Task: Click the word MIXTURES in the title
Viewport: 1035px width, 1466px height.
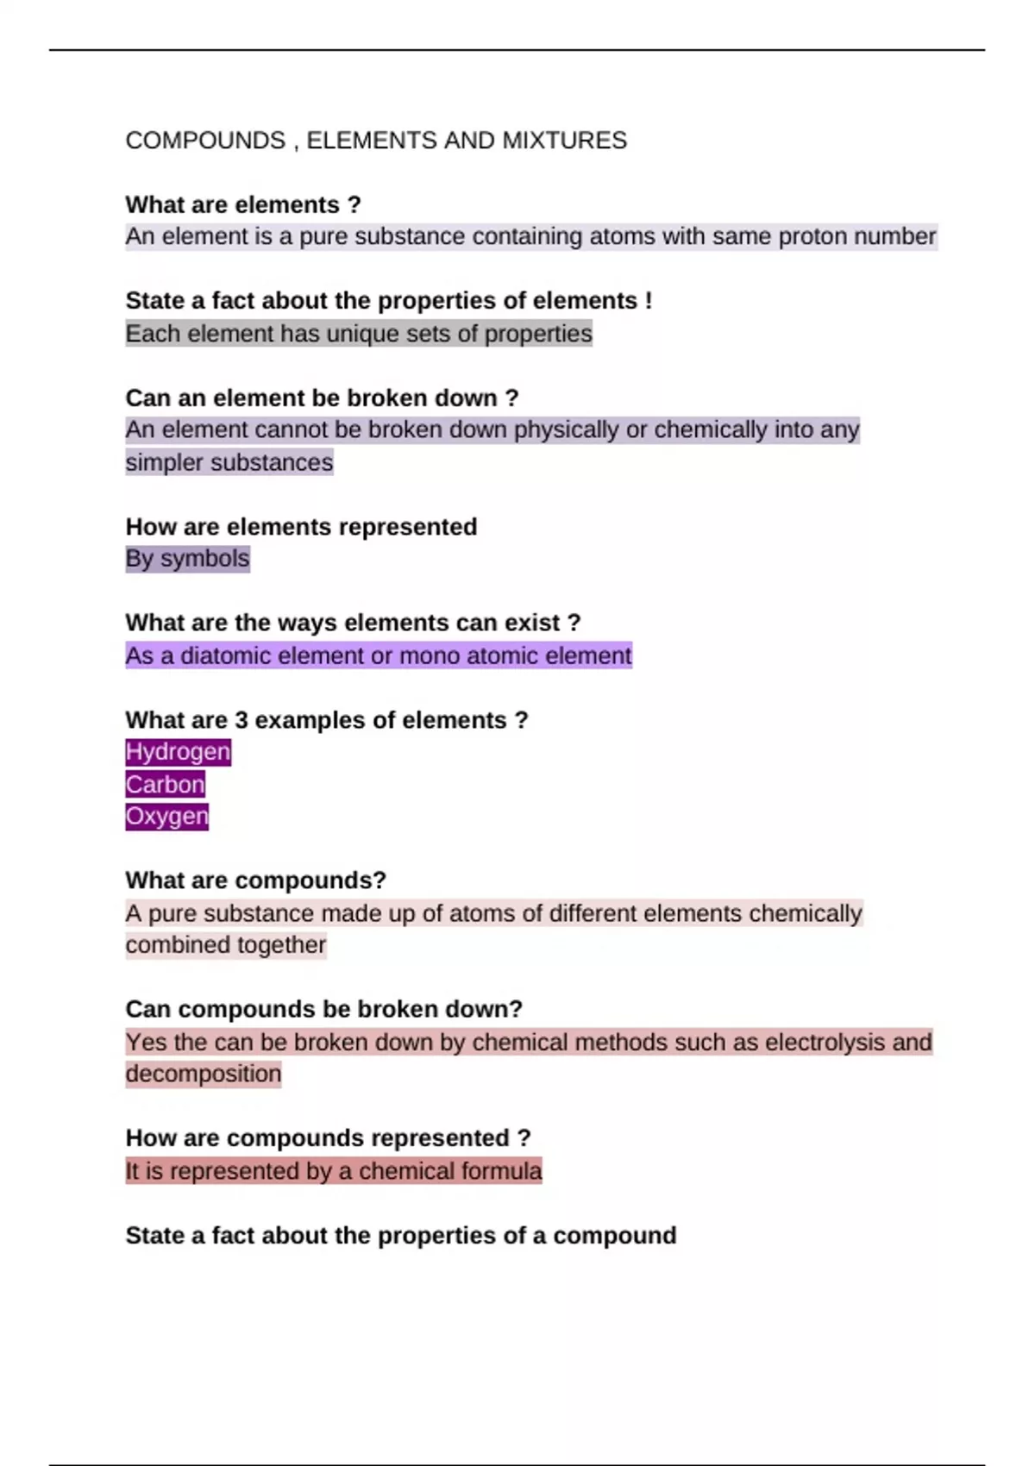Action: click(x=564, y=141)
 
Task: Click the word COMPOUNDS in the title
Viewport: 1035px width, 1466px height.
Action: click(x=205, y=141)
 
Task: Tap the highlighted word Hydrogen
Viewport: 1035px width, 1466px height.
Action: click(x=178, y=752)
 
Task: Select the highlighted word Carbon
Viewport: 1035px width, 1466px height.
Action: click(x=165, y=785)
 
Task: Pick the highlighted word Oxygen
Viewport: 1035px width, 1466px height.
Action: click(x=166, y=816)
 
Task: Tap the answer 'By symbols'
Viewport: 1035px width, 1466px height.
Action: click(x=187, y=559)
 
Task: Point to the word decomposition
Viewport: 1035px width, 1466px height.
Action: click(x=204, y=1074)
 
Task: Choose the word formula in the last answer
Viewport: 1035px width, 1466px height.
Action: click(x=500, y=1171)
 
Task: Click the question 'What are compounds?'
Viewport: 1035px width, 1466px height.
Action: click(x=255, y=880)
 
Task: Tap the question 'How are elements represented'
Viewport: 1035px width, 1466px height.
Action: click(x=301, y=527)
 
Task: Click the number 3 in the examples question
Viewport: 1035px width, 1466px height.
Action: click(x=241, y=720)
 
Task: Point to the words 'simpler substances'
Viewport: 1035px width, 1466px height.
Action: click(x=229, y=463)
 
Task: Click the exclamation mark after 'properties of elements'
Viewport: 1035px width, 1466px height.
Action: click(x=648, y=301)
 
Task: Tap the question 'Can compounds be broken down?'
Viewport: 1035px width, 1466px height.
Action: click(x=323, y=1009)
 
